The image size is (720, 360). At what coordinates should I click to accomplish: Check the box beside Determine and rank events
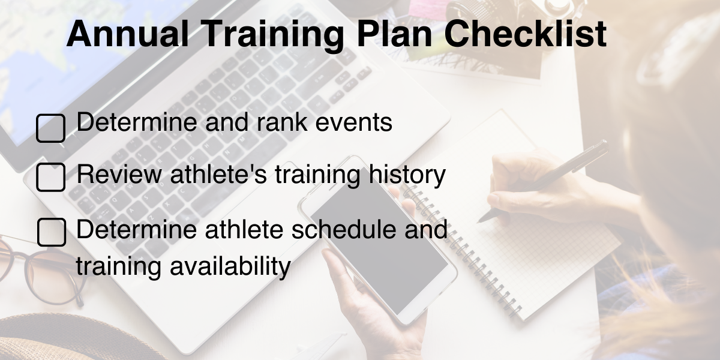pos(51,128)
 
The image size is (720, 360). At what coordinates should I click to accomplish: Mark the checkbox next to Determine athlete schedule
pos(51,232)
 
